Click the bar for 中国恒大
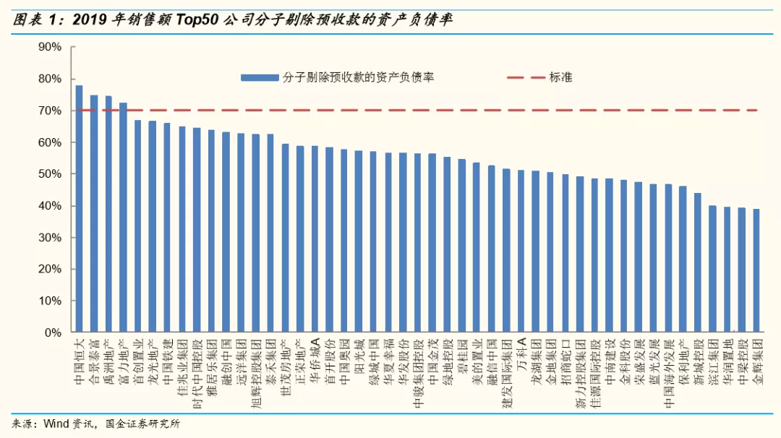79,209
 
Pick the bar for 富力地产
123,217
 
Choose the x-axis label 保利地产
683,357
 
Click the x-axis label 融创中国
226,357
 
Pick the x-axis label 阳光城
359,354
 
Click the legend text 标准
560,77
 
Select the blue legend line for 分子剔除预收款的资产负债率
260,77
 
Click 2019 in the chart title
91,20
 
